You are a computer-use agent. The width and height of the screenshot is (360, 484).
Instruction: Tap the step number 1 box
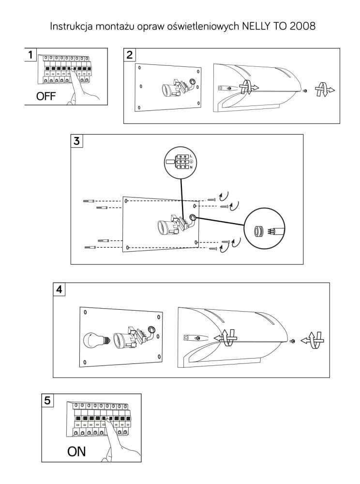30,55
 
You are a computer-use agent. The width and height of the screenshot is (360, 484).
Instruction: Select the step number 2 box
130,55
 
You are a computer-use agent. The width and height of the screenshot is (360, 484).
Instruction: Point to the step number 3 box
77,141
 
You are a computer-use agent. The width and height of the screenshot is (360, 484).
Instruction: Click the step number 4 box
59,289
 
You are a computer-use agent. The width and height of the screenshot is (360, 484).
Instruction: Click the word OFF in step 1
45,96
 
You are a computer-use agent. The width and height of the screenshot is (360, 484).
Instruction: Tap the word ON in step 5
76,452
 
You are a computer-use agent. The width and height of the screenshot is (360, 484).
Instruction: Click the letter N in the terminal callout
191,167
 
